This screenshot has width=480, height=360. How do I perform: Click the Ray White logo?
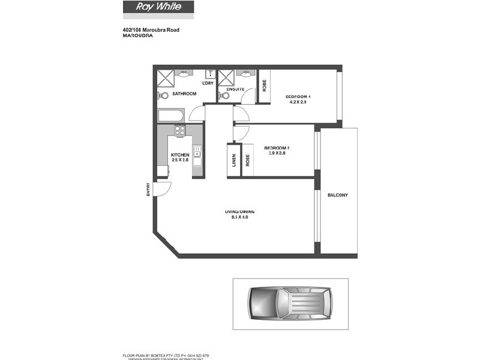pyautogui.click(x=158, y=8)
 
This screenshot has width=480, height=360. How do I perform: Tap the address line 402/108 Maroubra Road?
pyautogui.click(x=151, y=29)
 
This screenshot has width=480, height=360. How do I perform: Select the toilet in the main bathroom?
pyautogui.click(x=163, y=95)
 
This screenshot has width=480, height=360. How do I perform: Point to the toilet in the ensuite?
pyautogui.click(x=224, y=95)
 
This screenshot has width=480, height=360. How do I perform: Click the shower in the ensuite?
pyautogui.click(x=226, y=77)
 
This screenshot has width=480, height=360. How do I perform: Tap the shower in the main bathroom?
pyautogui.click(x=166, y=78)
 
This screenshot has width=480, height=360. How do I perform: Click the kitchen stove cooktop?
pyautogui.click(x=179, y=129)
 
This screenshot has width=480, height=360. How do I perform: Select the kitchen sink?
pyautogui.click(x=197, y=152)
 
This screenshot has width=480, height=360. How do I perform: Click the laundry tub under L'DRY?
pyautogui.click(x=210, y=74)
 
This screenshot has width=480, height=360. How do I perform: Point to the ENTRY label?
pyautogui.click(x=148, y=189)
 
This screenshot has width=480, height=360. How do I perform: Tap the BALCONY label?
pyautogui.click(x=338, y=196)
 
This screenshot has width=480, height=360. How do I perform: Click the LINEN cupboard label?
pyautogui.click(x=234, y=161)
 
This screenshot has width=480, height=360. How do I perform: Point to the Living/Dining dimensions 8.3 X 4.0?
pyautogui.click(x=236, y=217)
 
